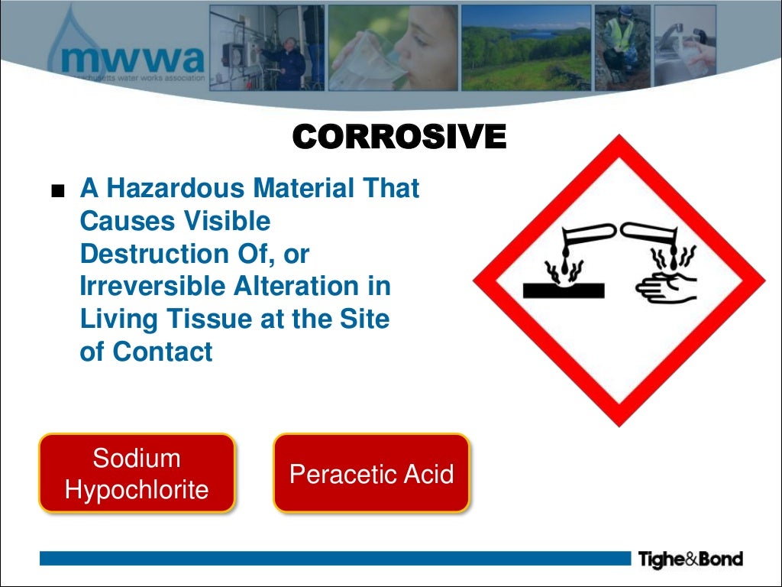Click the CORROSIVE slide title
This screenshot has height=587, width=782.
(x=399, y=138)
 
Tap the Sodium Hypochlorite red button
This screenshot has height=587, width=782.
(x=137, y=474)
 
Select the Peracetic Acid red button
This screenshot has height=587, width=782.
(x=371, y=474)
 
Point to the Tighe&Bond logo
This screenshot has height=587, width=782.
(x=690, y=559)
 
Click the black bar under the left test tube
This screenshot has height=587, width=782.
(x=564, y=290)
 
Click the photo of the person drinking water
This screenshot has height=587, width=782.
(x=393, y=47)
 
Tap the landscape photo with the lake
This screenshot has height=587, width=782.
(x=526, y=47)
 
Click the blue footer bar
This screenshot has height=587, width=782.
(x=336, y=559)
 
